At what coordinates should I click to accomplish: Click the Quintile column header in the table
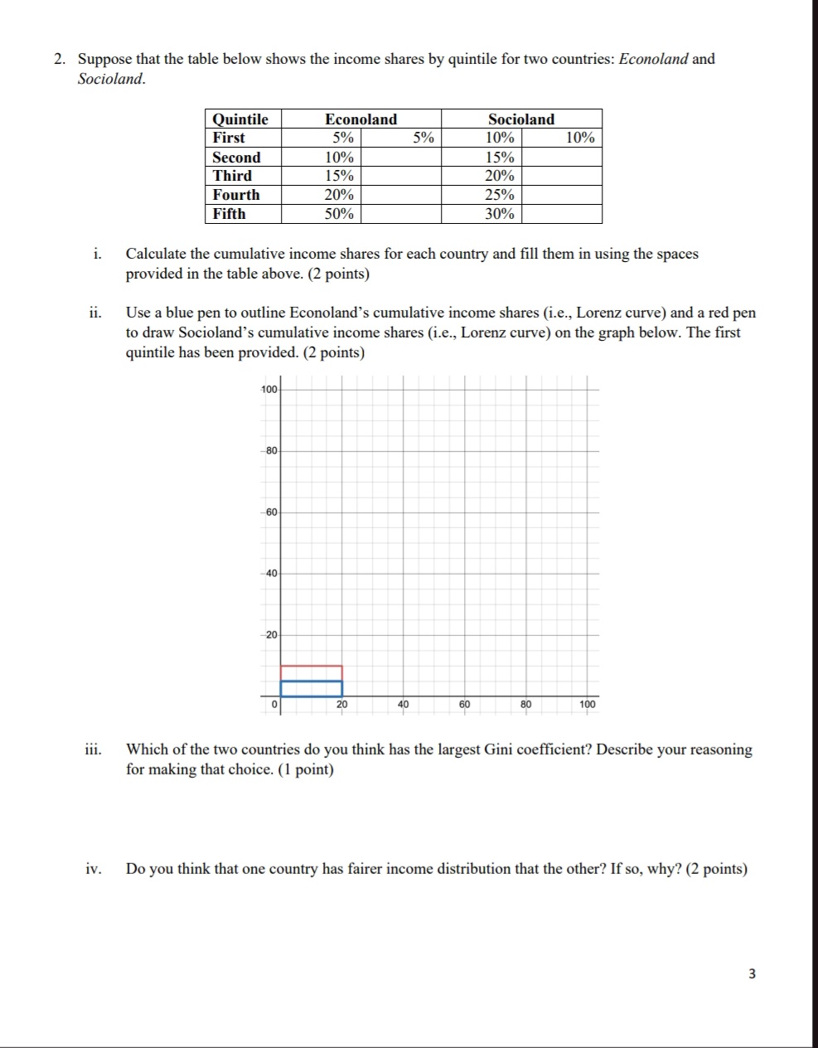[x=240, y=119]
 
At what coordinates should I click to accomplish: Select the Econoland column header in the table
[x=361, y=119]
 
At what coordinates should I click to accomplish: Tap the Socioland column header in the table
[x=521, y=119]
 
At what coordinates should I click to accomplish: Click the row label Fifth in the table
[x=230, y=214]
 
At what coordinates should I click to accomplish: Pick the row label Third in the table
[x=232, y=176]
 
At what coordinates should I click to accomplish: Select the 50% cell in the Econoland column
[x=339, y=214]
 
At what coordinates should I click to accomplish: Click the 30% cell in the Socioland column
[x=500, y=214]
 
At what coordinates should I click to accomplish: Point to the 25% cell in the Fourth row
[x=500, y=195]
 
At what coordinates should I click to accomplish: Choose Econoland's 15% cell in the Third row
[x=339, y=176]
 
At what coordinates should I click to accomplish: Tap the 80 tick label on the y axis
[x=271, y=450]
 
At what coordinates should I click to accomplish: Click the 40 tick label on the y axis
[x=271, y=573]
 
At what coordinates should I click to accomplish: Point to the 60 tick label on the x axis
[x=465, y=705]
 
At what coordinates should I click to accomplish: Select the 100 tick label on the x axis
[x=587, y=705]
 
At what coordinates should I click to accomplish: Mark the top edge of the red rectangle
[x=312, y=666]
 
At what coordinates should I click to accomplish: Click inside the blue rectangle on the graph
[x=312, y=688]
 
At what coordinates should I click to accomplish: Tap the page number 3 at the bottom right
[x=752, y=974]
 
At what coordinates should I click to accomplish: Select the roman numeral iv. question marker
[x=94, y=869]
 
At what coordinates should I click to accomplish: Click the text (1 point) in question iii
[x=305, y=769]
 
